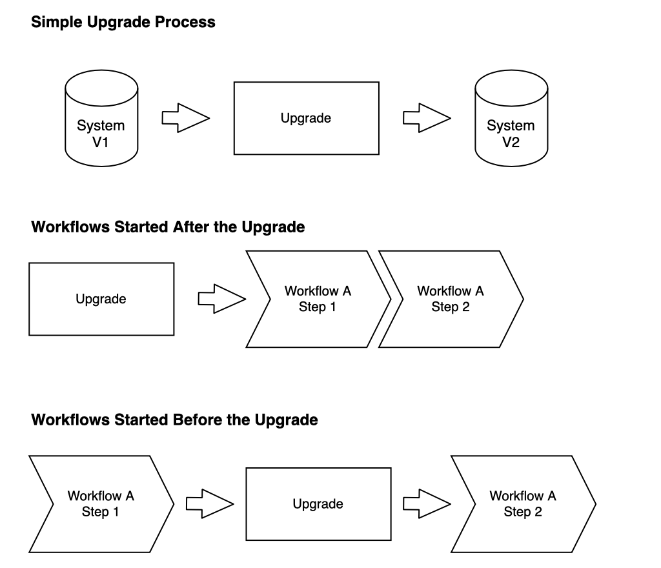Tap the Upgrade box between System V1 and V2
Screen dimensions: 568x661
(306, 118)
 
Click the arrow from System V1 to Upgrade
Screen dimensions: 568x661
(186, 118)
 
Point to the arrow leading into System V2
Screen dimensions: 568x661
(427, 118)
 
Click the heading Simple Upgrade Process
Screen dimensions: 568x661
(123, 23)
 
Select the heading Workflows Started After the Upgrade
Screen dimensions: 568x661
(168, 227)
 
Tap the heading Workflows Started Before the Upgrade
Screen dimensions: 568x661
(174, 420)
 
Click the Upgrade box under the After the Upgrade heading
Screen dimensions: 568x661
(101, 299)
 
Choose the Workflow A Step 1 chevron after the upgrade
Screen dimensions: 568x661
(318, 299)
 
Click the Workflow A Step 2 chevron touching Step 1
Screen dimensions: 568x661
(451, 299)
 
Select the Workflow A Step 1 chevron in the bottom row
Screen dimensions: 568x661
(101, 503)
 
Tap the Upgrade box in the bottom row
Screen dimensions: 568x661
(318, 503)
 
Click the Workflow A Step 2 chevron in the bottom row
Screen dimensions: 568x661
(523, 503)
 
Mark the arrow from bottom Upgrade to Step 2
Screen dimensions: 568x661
(427, 503)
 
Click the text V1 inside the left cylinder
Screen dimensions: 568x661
(101, 142)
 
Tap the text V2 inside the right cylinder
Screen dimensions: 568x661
(511, 142)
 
